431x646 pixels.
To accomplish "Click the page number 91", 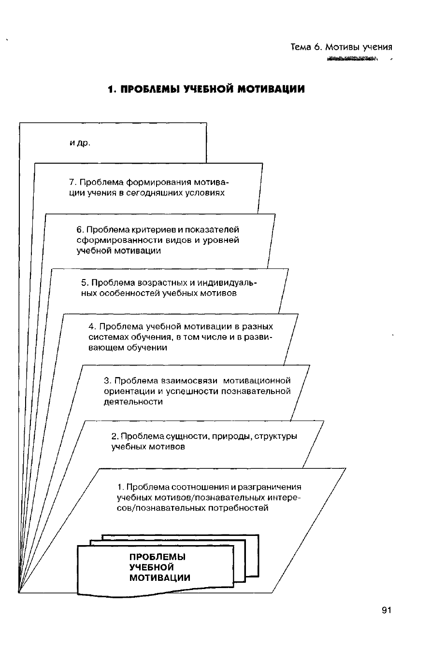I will coord(386,610).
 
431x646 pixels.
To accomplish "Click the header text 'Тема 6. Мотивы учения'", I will coord(341,47).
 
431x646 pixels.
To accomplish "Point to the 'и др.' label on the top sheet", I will coord(80,143).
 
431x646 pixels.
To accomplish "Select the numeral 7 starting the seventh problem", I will coord(72,183).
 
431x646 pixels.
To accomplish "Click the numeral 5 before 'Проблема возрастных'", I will coord(85,282).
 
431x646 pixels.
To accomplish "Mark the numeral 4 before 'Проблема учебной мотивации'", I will coord(92,326).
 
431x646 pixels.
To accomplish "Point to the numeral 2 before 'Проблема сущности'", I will coord(114,436).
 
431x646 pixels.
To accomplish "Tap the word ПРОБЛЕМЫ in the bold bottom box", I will coord(158,557).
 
